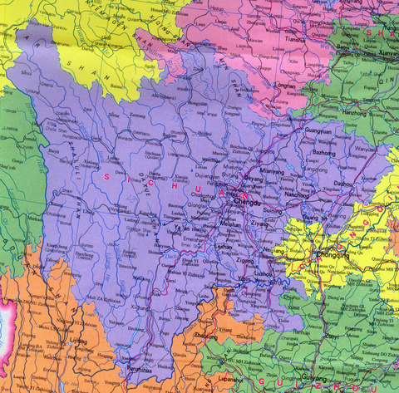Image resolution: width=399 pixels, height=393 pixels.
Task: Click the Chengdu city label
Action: pos(248,202)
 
